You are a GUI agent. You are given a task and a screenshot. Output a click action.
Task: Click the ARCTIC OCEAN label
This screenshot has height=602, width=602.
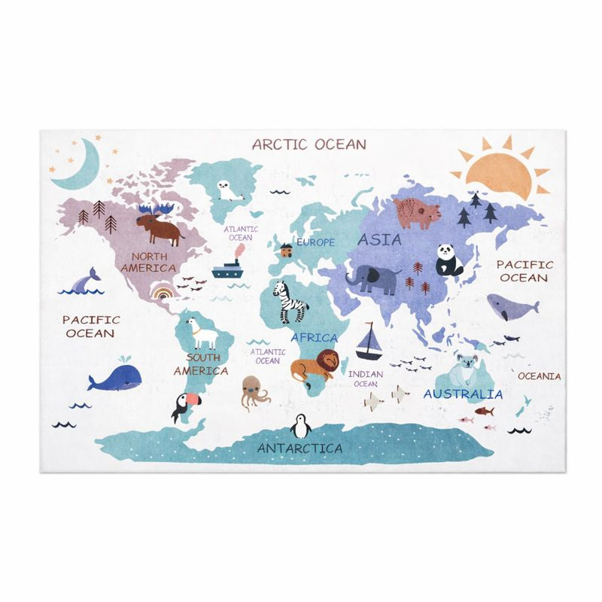point(309,144)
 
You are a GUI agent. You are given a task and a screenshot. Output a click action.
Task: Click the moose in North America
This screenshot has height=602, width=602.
point(160,226)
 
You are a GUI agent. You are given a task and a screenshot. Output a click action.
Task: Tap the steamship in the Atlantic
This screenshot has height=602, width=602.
point(230,269)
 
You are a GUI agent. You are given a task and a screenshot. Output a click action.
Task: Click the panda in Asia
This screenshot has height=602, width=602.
point(448,260)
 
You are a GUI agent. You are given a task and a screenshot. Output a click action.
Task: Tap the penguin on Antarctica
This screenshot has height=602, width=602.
point(303,426)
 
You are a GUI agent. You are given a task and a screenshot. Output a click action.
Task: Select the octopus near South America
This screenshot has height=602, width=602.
point(254,391)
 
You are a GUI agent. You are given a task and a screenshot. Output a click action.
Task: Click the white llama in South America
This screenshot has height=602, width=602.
point(201,332)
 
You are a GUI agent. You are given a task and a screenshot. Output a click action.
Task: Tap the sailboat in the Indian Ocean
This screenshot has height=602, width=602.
point(369,342)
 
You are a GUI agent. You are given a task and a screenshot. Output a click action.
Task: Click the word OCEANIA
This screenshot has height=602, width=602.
point(539,376)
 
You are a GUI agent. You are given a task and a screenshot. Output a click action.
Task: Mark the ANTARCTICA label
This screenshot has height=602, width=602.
point(299,448)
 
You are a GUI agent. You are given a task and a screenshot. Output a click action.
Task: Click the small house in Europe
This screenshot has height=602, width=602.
point(285,249)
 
